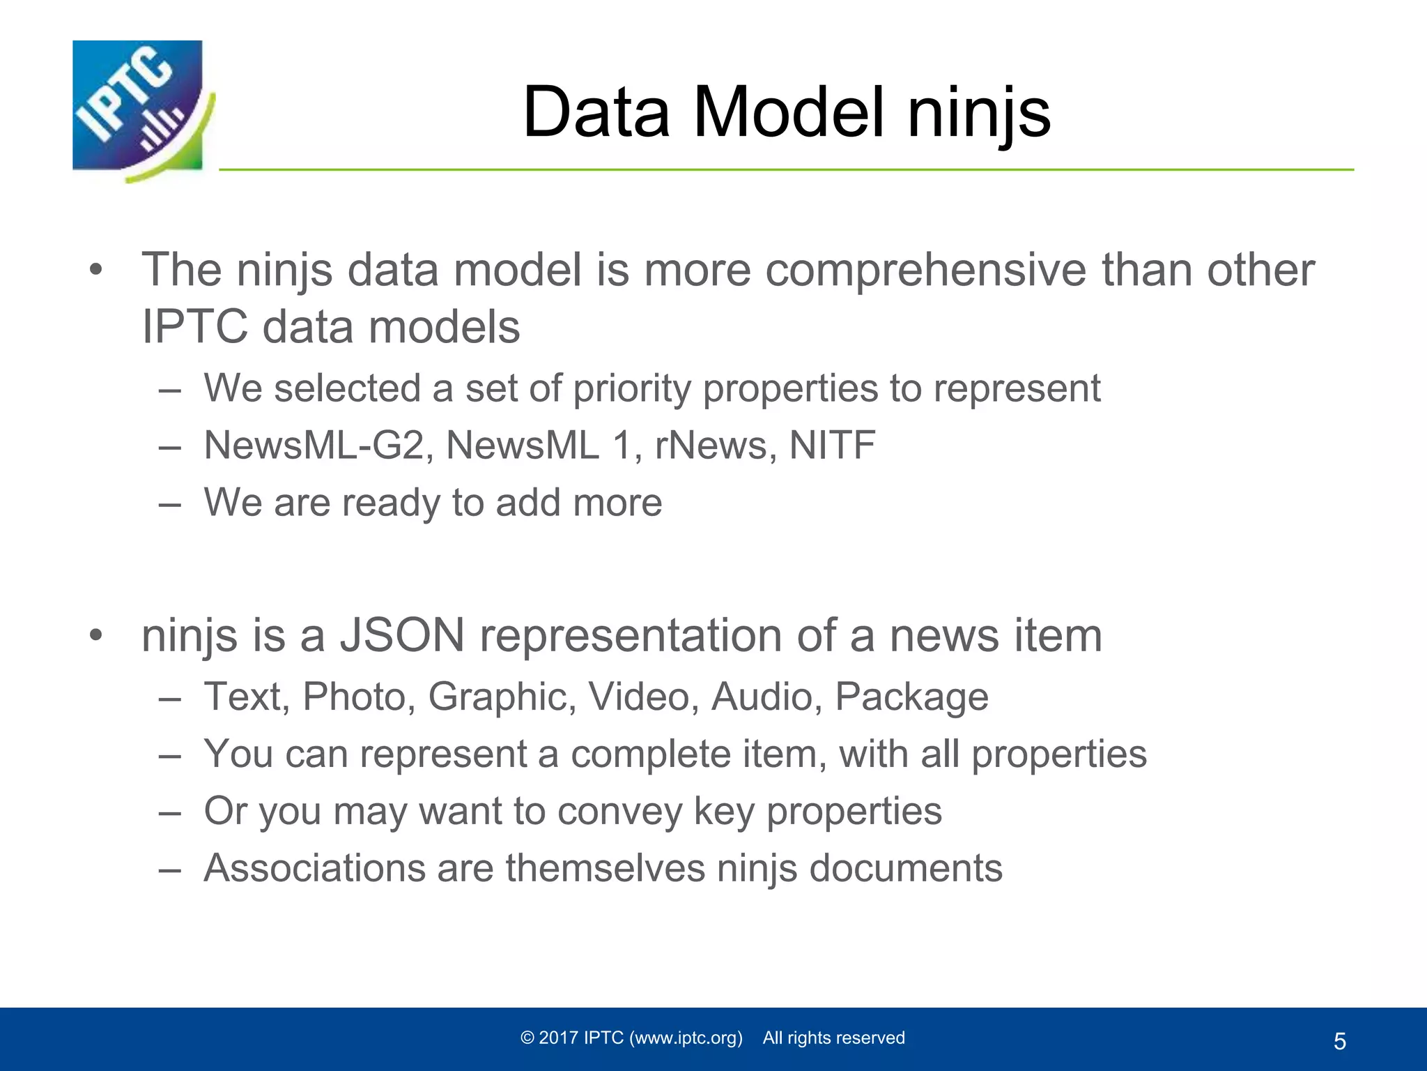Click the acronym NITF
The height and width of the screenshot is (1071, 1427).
[832, 445]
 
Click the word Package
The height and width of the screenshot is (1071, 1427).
[911, 697]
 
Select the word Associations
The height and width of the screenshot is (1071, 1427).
[314, 868]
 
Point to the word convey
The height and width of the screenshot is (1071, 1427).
[619, 811]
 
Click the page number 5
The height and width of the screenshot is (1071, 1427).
[1340, 1042]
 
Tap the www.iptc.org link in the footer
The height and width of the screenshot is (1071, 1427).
[686, 1038]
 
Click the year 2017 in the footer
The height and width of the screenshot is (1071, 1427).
[559, 1038]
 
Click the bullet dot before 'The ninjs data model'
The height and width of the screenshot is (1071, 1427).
[96, 270]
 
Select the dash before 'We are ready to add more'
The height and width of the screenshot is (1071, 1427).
[169, 503]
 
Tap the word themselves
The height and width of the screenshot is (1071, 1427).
[605, 868]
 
